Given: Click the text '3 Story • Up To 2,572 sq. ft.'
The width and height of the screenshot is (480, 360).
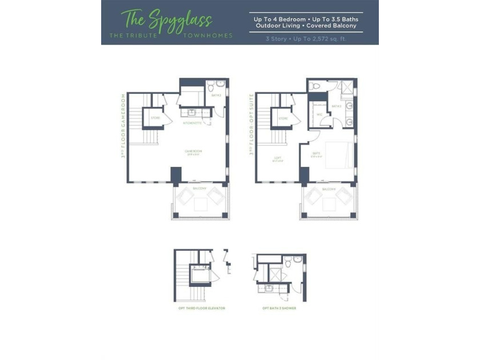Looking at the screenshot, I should pos(306,39).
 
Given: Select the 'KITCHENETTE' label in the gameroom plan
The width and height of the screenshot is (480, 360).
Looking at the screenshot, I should pos(191,123).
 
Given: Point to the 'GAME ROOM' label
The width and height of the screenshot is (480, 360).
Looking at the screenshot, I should pos(194,152).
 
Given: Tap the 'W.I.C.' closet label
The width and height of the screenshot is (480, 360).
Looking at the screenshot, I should pos(319,114).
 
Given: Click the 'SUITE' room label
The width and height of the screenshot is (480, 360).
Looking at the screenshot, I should pos(316,153).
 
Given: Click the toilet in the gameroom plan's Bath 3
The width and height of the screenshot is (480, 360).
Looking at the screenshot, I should pos(211,87).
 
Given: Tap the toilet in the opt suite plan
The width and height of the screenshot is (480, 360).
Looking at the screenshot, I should pos(315,86).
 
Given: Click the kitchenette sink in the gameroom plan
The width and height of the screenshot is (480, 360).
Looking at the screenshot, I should pos(193,113).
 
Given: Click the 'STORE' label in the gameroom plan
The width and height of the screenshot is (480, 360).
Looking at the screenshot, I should pos(155,118).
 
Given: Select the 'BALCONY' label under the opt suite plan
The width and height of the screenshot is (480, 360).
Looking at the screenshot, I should pos(329,189).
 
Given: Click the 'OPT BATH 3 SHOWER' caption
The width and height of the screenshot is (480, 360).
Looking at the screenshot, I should pos(279,308).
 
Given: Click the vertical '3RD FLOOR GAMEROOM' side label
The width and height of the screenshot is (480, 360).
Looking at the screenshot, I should pos(122,129).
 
